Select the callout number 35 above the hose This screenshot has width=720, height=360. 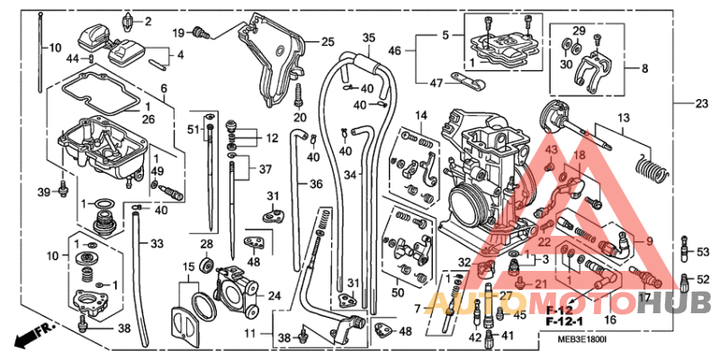pos(368,38)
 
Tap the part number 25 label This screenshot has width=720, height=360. pos(327,41)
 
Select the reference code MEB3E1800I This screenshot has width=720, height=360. pos(584,339)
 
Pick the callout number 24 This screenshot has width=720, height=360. pos(274,294)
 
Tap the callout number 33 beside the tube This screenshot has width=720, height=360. pos(157,244)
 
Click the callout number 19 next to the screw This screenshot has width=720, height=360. pos(178,32)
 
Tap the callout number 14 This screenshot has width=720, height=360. pos(420,115)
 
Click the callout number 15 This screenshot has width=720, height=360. pos(188,267)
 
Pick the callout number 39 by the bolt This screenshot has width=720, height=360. pos(42,193)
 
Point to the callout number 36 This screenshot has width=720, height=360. pos(316,184)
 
